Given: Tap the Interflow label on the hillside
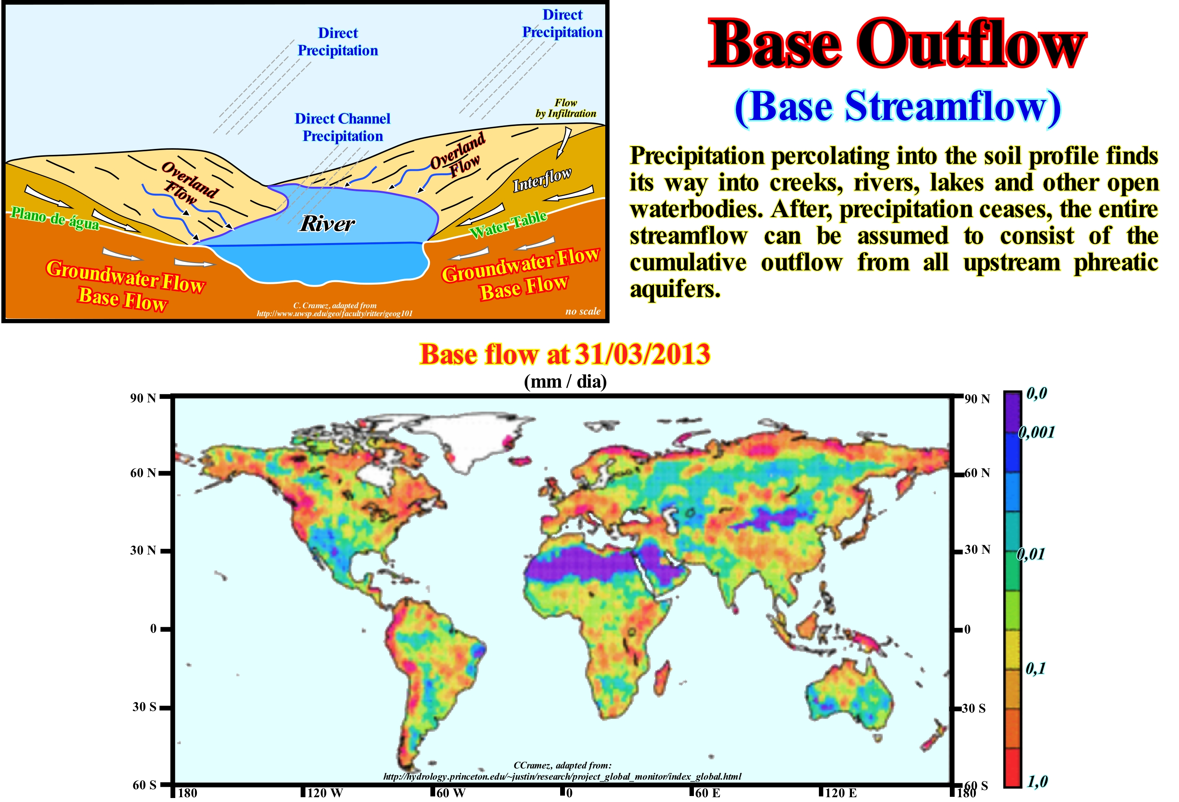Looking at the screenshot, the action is [542, 180].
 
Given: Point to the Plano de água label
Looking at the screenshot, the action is [55, 218].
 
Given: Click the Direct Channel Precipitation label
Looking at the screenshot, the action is [343, 127].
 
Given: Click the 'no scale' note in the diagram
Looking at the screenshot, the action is [583, 311].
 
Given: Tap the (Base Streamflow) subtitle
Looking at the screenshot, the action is [897, 107].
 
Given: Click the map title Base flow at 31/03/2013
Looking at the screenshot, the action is [565, 354].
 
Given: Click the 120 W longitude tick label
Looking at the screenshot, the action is [325, 793].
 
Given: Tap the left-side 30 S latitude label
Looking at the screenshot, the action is [144, 707].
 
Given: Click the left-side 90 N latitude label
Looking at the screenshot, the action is [143, 398].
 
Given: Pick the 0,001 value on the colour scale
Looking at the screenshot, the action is [1036, 432].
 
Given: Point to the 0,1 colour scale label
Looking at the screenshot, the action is [1035, 669].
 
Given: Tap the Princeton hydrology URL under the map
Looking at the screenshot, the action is [562, 776].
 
